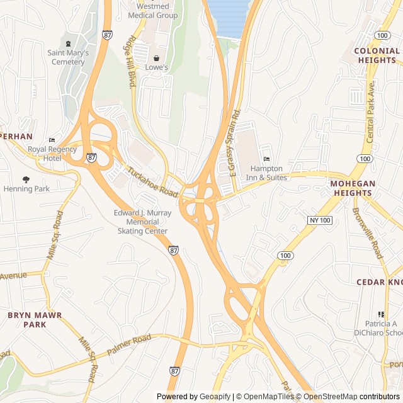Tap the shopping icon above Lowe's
(156, 58)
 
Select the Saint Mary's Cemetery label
(68, 57)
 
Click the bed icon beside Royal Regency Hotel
(52, 140)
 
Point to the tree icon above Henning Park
(26, 179)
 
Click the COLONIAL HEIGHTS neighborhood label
(377, 55)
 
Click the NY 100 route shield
(320, 220)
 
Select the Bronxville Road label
(367, 233)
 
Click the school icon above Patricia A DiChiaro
(380, 314)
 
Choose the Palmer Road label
(130, 344)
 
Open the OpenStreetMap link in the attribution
(326, 397)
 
